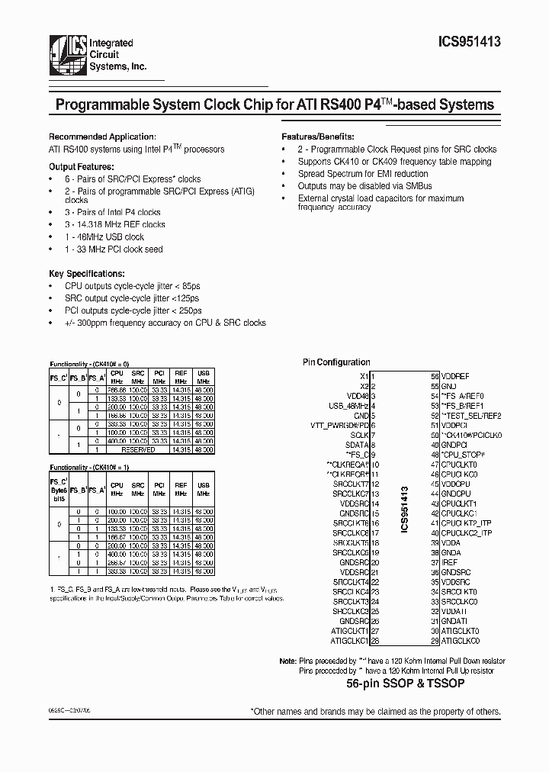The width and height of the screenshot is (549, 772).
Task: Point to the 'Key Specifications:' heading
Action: click(86, 273)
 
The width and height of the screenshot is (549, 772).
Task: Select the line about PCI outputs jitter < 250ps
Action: click(133, 310)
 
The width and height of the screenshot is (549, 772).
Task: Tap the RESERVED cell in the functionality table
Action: click(138, 450)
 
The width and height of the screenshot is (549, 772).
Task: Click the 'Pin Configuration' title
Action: click(336, 362)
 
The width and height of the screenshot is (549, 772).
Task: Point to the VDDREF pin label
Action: click(456, 376)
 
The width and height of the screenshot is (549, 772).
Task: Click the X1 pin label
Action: click(364, 376)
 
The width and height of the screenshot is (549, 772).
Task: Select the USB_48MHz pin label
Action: click(349, 406)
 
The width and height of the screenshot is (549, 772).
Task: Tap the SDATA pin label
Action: click(357, 445)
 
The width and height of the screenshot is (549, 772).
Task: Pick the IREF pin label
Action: click(450, 562)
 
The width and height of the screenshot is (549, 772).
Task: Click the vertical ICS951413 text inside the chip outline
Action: click(405, 509)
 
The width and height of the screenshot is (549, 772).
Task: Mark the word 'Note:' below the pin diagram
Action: click(287, 661)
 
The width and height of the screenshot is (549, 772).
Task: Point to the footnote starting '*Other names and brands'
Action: click(376, 711)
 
